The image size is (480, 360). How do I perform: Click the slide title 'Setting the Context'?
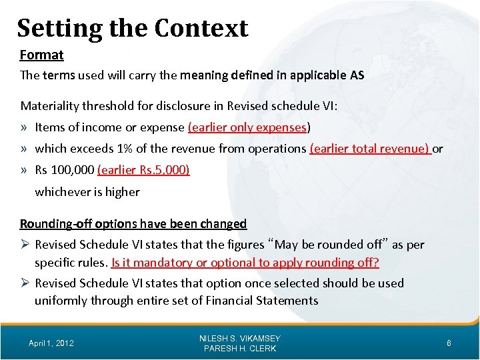click(x=132, y=28)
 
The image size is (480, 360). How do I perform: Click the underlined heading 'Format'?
click(x=41, y=55)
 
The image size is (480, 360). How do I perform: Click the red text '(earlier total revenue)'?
click(x=370, y=149)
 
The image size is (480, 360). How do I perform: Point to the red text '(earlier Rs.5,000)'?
click(x=143, y=170)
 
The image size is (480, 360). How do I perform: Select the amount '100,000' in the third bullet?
click(x=73, y=170)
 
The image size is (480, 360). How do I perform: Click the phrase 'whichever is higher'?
click(x=87, y=192)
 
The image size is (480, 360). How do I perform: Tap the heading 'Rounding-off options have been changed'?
click(x=133, y=223)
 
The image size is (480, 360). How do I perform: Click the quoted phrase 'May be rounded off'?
click(x=324, y=245)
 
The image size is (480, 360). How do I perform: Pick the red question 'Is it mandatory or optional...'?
click(x=245, y=263)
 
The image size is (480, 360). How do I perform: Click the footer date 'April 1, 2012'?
click(x=51, y=343)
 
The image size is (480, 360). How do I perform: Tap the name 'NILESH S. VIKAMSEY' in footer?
click(x=240, y=339)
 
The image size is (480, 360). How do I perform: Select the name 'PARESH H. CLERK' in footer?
click(x=240, y=349)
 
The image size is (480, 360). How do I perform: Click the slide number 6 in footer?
click(x=449, y=343)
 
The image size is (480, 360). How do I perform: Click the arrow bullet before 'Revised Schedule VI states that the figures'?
click(x=25, y=245)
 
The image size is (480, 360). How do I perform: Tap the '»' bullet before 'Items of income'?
click(x=25, y=127)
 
